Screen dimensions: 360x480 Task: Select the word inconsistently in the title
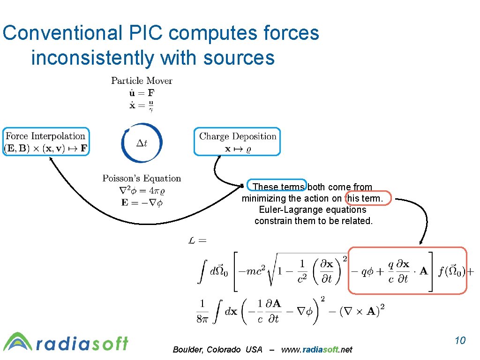[92, 58]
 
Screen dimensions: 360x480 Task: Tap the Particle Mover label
[142, 81]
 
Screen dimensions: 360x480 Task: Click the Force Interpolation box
[46, 142]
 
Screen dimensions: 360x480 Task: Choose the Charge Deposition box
[238, 142]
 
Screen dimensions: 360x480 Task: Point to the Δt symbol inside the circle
[142, 143]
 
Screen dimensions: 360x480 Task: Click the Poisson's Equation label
[142, 179]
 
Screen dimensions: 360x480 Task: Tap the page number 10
[460, 340]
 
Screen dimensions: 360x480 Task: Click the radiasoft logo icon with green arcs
[17, 342]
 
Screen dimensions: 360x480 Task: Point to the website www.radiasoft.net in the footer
[316, 350]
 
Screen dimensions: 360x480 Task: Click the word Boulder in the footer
[187, 350]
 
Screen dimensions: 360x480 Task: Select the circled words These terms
[278, 187]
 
